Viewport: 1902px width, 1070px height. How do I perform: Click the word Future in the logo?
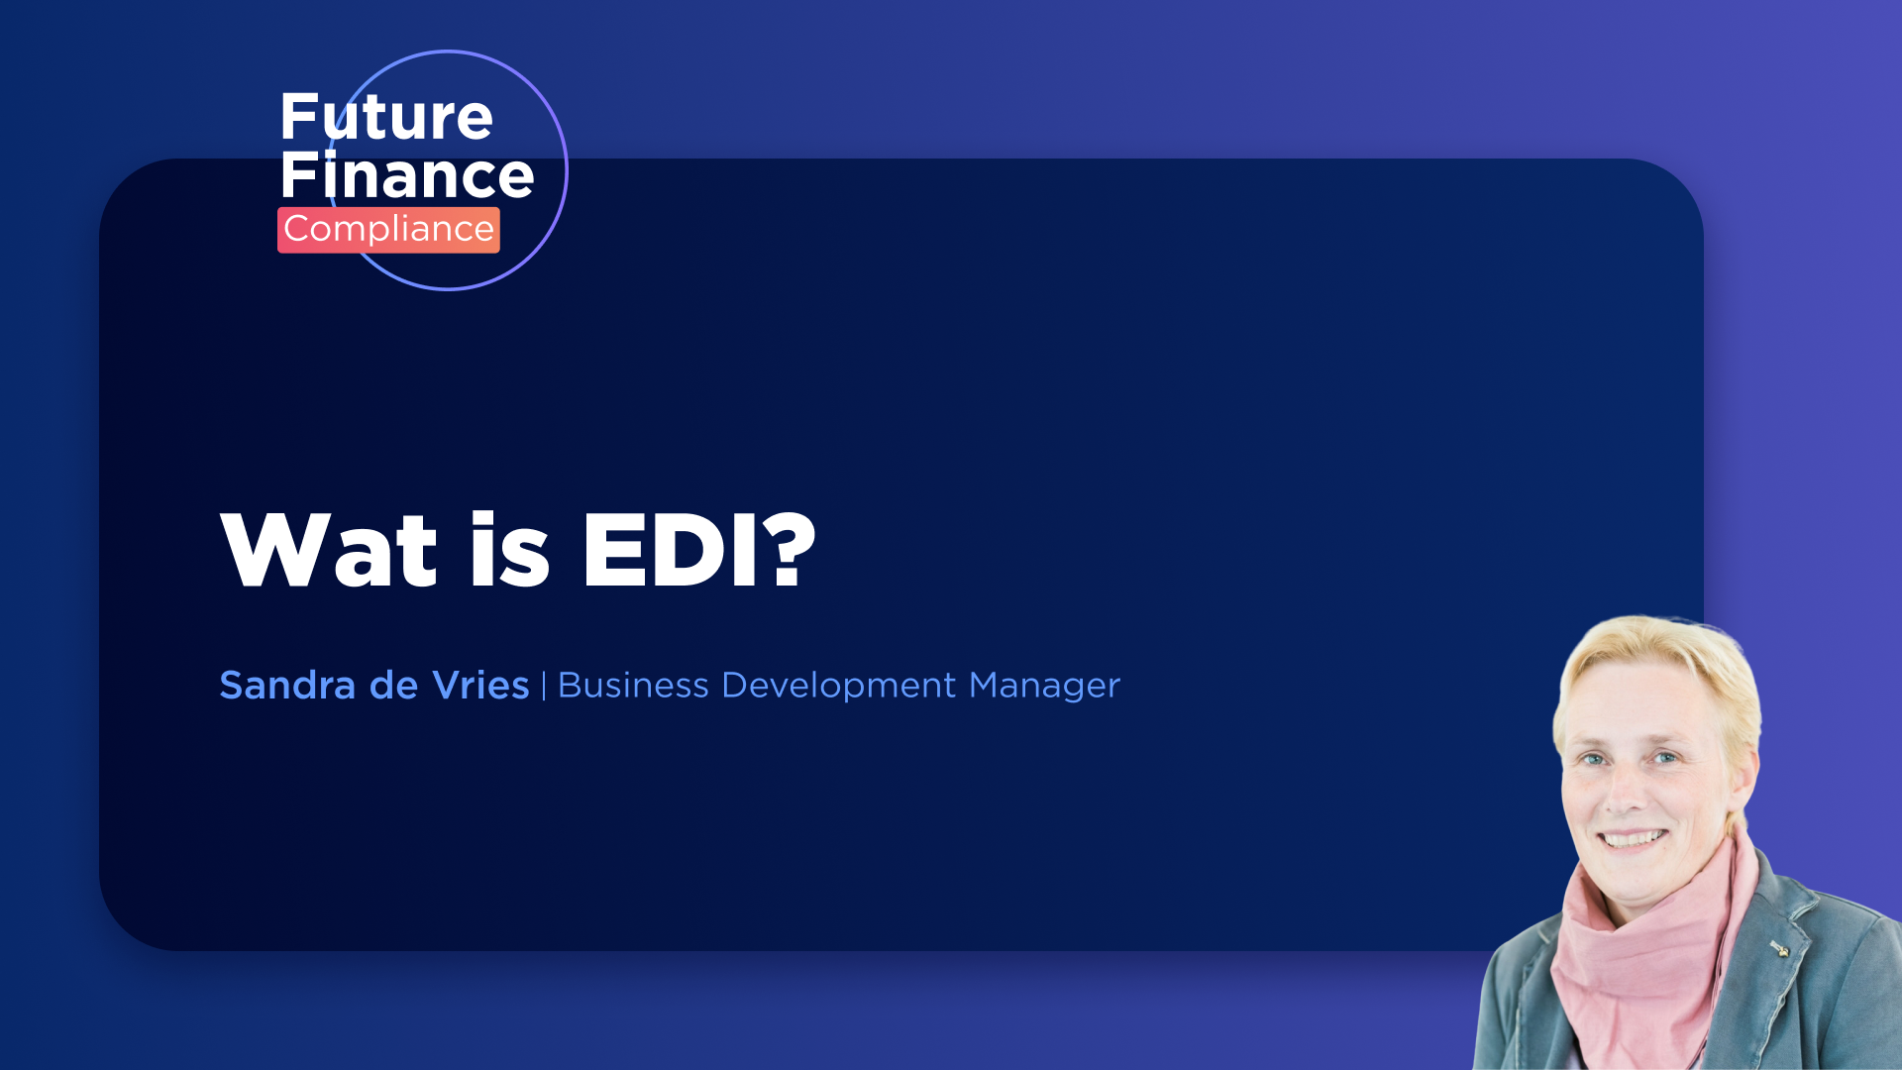[x=386, y=118]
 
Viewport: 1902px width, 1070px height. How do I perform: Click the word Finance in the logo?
[x=406, y=176]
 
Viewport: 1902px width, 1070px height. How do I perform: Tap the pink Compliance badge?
[x=388, y=230]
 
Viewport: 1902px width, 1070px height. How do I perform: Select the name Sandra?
[x=287, y=686]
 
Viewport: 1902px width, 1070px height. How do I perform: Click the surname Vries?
[x=480, y=686]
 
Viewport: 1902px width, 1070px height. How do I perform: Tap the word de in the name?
[x=393, y=686]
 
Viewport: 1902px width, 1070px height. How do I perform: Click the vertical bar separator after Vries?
[x=544, y=686]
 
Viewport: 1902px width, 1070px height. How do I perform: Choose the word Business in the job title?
[x=633, y=686]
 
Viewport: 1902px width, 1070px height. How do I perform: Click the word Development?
[x=838, y=686]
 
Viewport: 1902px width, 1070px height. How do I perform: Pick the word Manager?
[x=1044, y=686]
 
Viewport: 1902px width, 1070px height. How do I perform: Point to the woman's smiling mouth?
[x=1633, y=839]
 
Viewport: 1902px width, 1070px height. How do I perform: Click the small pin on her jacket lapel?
[x=1780, y=950]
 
